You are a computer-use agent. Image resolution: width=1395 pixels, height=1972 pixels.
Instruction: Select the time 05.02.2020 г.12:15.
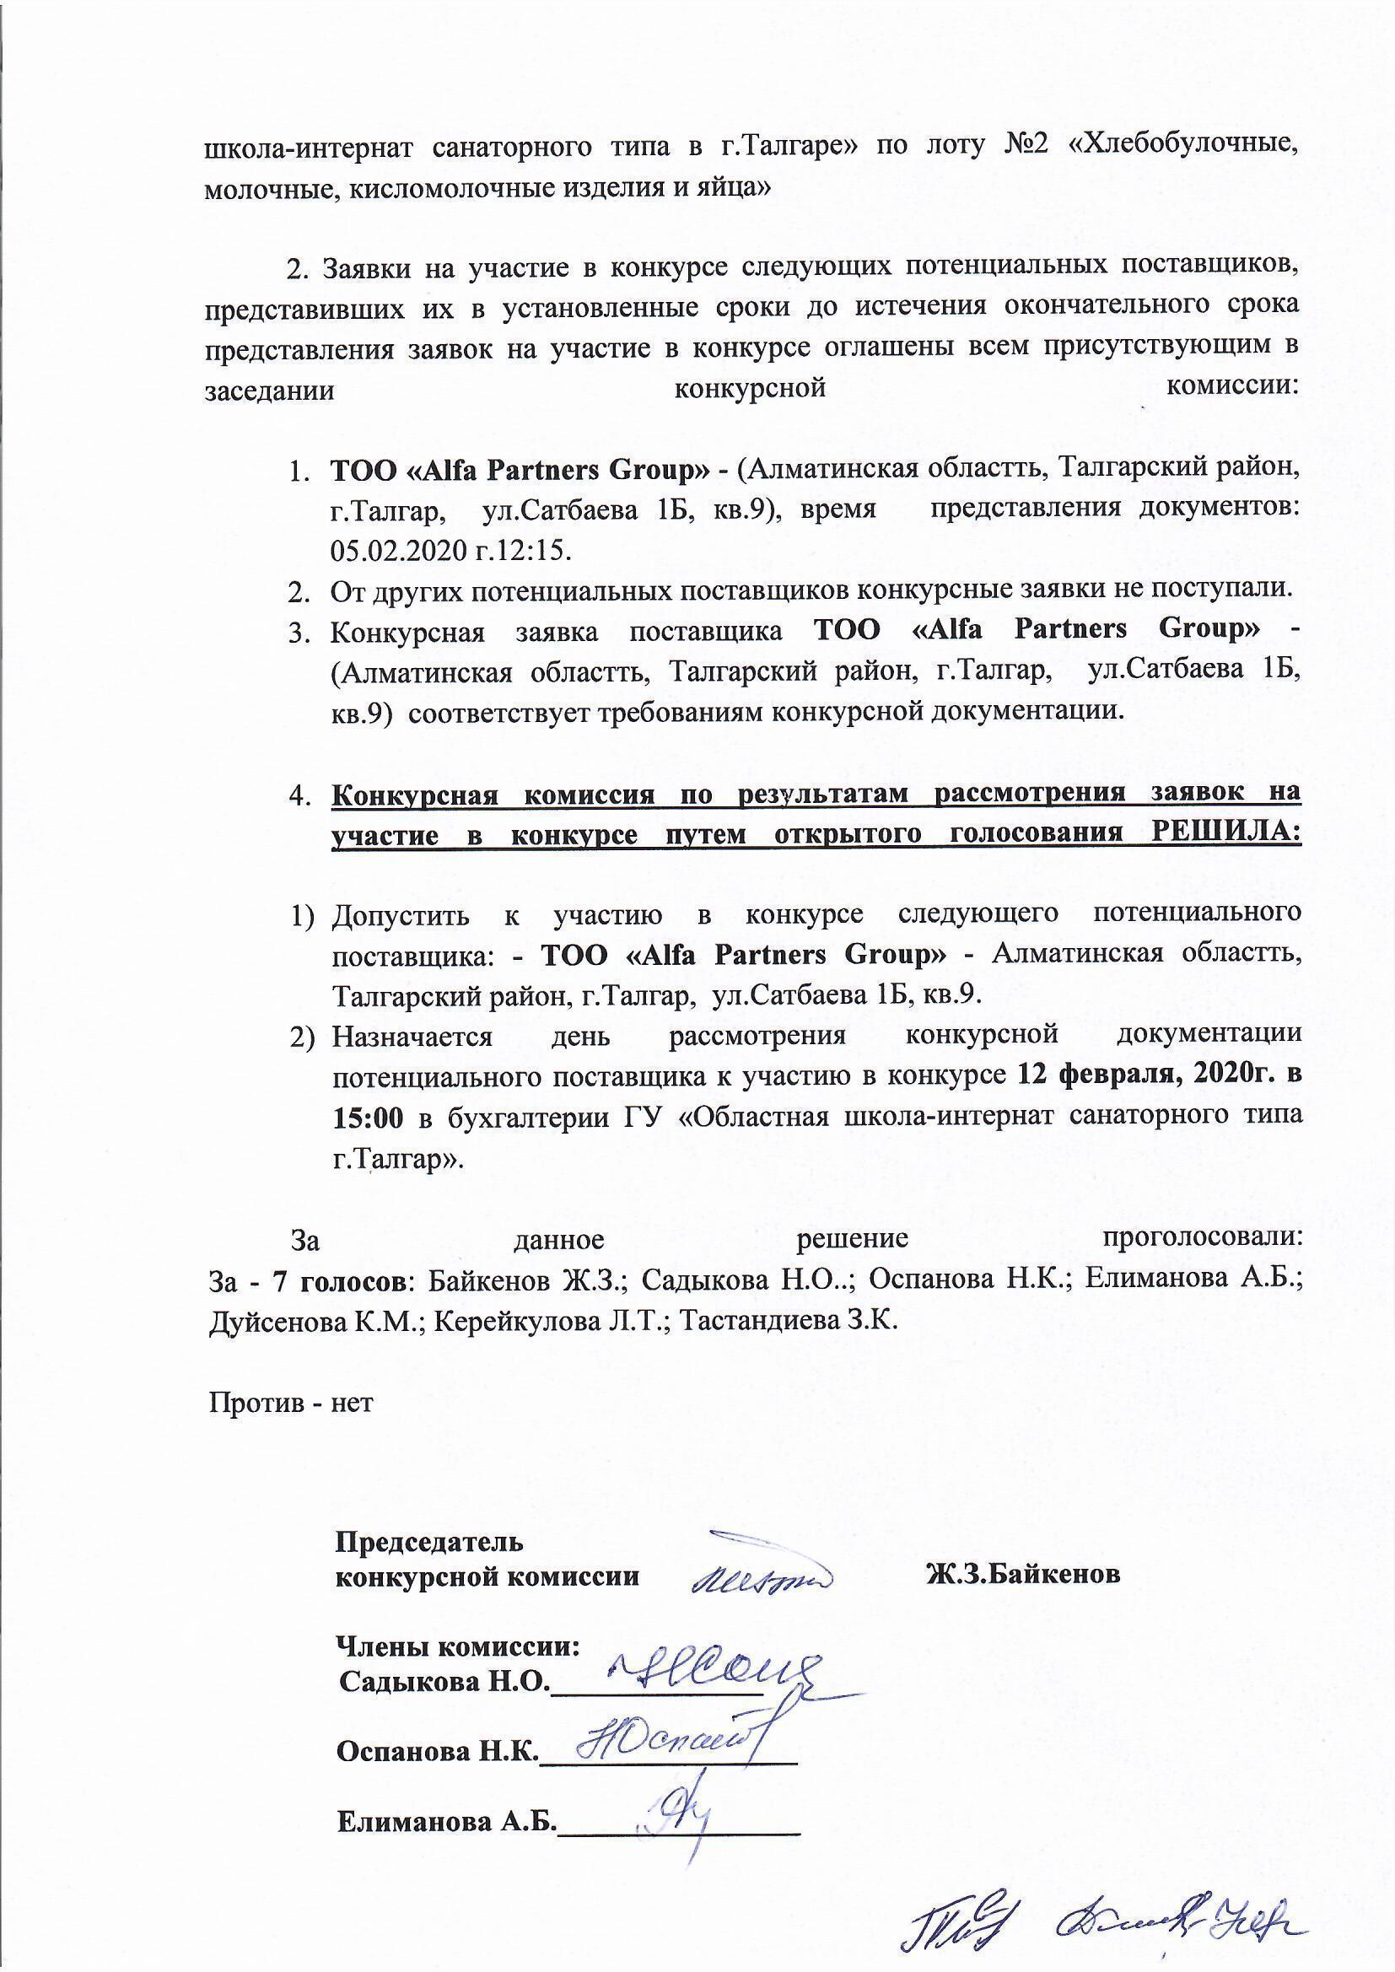point(451,549)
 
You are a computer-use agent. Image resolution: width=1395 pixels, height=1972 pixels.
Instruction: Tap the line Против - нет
point(291,1403)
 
